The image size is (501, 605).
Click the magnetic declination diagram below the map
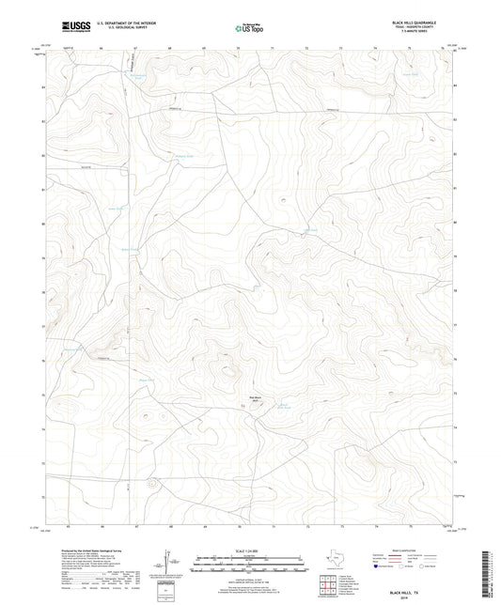click(168, 565)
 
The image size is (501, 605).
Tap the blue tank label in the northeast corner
click(410, 70)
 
